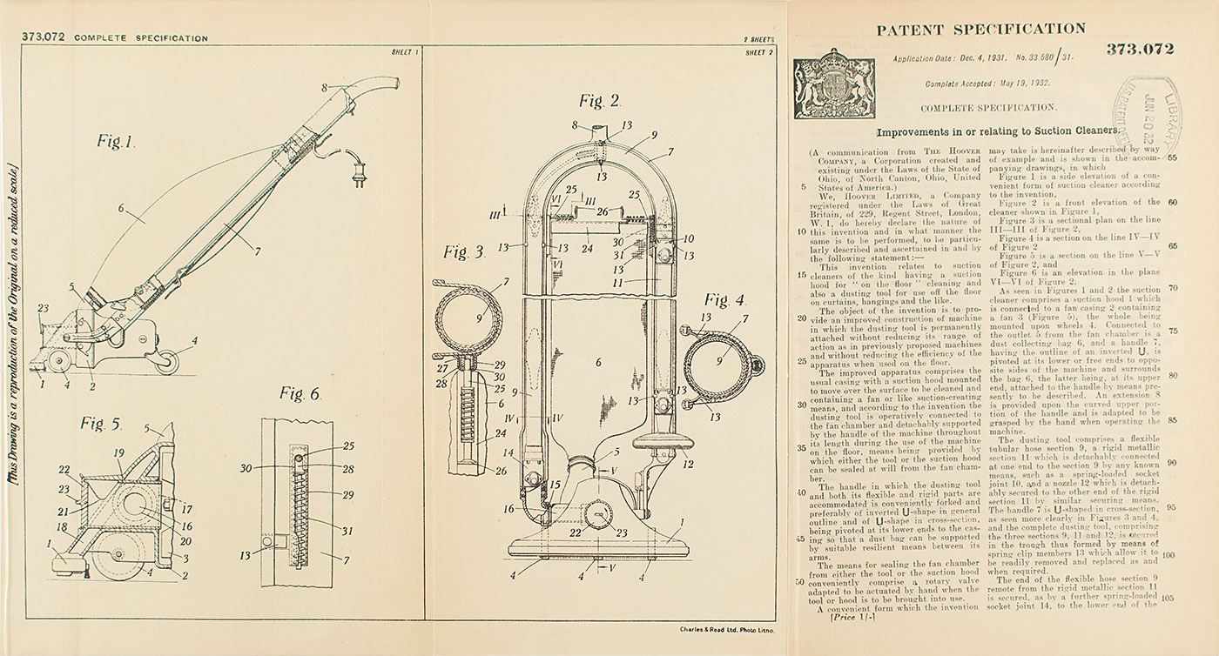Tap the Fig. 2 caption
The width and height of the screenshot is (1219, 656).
point(603,101)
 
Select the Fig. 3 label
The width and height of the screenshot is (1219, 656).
point(463,253)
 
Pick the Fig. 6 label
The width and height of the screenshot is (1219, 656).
point(300,393)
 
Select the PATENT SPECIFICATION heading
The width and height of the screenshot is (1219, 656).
point(980,29)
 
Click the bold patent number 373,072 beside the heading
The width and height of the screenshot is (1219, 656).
point(1140,49)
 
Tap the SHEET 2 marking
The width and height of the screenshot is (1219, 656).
point(759,52)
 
